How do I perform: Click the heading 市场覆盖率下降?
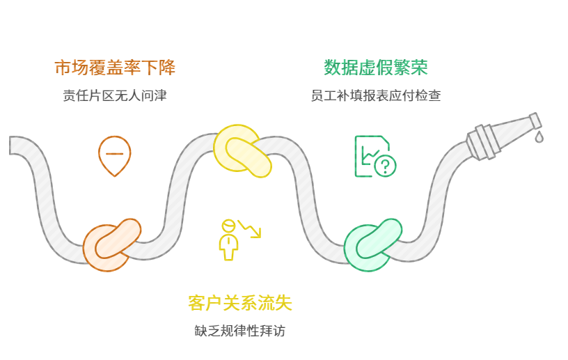(x=115, y=68)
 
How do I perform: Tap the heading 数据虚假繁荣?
(x=376, y=68)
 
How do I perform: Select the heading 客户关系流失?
(x=240, y=303)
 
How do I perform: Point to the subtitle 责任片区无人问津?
(x=115, y=95)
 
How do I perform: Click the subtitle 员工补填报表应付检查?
(x=376, y=95)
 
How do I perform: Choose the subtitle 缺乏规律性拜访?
(x=240, y=331)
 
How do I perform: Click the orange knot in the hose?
(x=111, y=244)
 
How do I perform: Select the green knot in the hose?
(x=372, y=244)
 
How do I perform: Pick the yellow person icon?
(x=228, y=240)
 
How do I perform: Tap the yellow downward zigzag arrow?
(x=250, y=228)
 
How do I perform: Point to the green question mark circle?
(x=385, y=166)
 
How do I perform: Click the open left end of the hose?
(x=13, y=145)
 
